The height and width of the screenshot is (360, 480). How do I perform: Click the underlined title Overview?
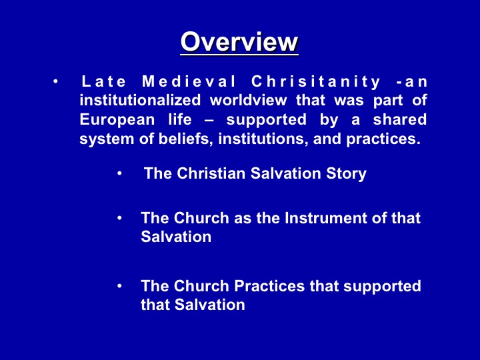[x=239, y=42]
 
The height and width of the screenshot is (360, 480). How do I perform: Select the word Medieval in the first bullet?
[x=189, y=82]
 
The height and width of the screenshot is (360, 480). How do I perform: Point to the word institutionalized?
[x=140, y=101]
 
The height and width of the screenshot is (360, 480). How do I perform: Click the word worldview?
[x=248, y=101]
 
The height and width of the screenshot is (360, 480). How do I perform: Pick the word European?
[x=117, y=120]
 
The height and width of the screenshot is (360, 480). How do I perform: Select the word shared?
[x=400, y=119]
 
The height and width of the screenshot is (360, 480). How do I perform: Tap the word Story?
[x=346, y=174]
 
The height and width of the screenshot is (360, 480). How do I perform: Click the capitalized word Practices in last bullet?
[x=269, y=286]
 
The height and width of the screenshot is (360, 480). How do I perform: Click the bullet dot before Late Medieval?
[x=55, y=82]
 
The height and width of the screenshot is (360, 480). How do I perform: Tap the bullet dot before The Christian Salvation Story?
[x=119, y=173]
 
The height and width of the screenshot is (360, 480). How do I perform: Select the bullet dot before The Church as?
[x=119, y=218]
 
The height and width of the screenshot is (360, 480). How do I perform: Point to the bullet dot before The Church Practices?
[x=119, y=286]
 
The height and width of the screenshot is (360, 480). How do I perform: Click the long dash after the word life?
[x=209, y=121]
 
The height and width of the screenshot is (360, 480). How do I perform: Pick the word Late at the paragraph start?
[x=104, y=82]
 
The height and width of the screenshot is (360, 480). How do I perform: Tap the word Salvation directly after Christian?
[x=286, y=173]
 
